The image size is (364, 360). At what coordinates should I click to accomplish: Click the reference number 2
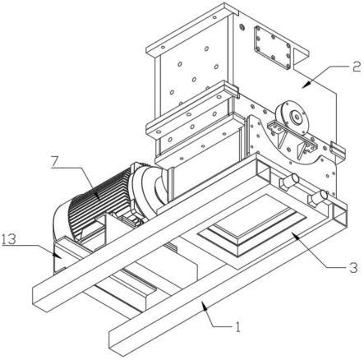point(356,67)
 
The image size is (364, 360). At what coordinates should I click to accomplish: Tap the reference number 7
point(54,162)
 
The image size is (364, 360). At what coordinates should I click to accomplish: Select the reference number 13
point(9,239)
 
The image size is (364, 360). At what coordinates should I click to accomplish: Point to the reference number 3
point(353,267)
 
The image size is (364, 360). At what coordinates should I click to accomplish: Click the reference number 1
point(238,326)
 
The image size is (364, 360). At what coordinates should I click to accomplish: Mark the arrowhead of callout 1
point(204,304)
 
